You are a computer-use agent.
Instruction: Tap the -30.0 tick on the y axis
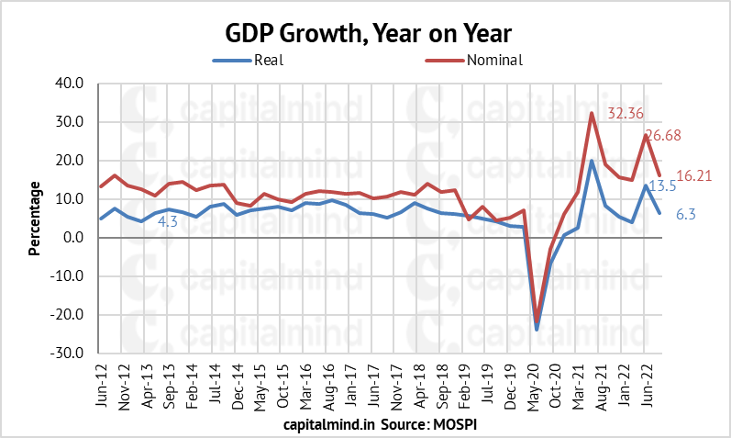pos(69,354)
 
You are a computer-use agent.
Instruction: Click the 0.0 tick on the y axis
pos(74,238)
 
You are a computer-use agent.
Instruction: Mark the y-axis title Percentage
pos(35,218)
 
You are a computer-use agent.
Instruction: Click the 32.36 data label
pos(628,113)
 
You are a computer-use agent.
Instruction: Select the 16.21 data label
pos(693,175)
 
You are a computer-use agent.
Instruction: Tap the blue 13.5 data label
pos(662,185)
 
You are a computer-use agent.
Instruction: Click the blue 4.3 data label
pos(168,221)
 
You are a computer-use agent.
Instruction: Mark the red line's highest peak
pos(592,113)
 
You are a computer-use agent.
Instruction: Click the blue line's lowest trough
pos(537,329)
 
